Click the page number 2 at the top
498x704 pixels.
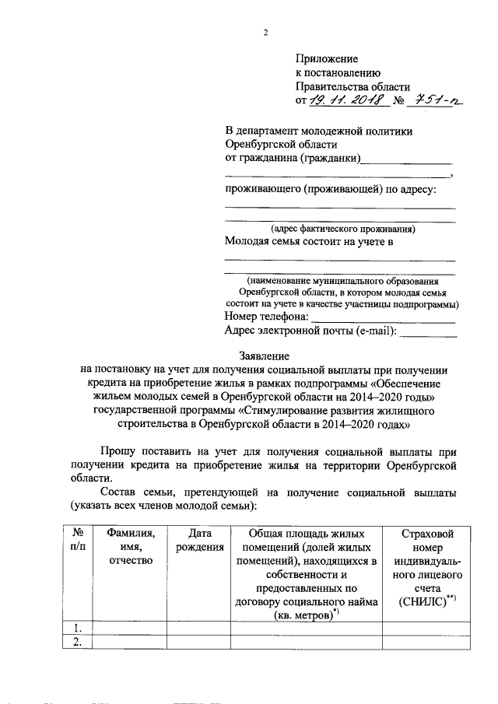click(265, 33)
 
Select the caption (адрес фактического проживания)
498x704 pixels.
click(342, 229)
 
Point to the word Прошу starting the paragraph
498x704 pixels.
click(120, 451)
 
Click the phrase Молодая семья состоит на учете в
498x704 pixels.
click(309, 242)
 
